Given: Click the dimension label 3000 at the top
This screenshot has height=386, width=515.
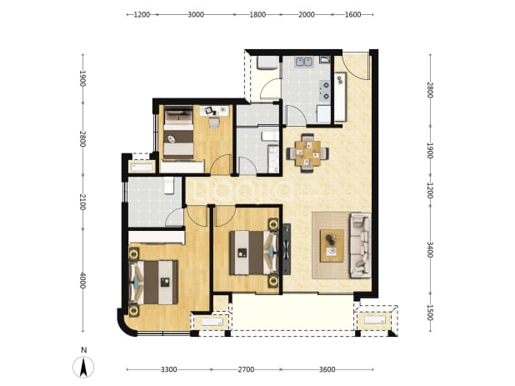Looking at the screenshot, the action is (196, 14).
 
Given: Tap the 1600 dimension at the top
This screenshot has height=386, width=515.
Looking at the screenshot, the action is (352, 14).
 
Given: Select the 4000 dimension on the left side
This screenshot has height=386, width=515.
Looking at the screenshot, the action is (82, 281).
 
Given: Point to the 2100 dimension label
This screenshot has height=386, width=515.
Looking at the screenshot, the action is (82, 203).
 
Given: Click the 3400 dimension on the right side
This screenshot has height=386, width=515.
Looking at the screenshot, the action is (430, 249).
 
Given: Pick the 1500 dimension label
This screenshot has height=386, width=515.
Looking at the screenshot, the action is (430, 313).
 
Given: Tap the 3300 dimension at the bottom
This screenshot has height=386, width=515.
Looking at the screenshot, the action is (169, 369).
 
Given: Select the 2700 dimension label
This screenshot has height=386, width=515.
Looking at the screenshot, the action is (246, 369).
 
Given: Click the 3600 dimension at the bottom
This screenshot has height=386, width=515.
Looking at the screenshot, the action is (327, 369).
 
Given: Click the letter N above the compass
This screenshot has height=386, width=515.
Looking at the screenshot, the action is (84, 350).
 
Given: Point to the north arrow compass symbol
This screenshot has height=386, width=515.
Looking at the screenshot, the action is (83, 367).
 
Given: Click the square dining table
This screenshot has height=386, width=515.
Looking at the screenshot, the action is (307, 153).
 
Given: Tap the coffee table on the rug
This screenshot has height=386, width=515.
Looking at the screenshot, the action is (332, 245).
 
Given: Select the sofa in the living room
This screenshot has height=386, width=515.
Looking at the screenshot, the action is (360, 245).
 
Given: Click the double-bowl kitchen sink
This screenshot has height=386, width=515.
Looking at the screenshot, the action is (304, 62).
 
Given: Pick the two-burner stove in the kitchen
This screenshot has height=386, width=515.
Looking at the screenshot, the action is (325, 91).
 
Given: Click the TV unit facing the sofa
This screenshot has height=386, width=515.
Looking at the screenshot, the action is (287, 249).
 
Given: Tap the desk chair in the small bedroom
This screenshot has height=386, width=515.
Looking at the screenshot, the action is (214, 123).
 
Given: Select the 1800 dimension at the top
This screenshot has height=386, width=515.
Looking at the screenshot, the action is (257, 14).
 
